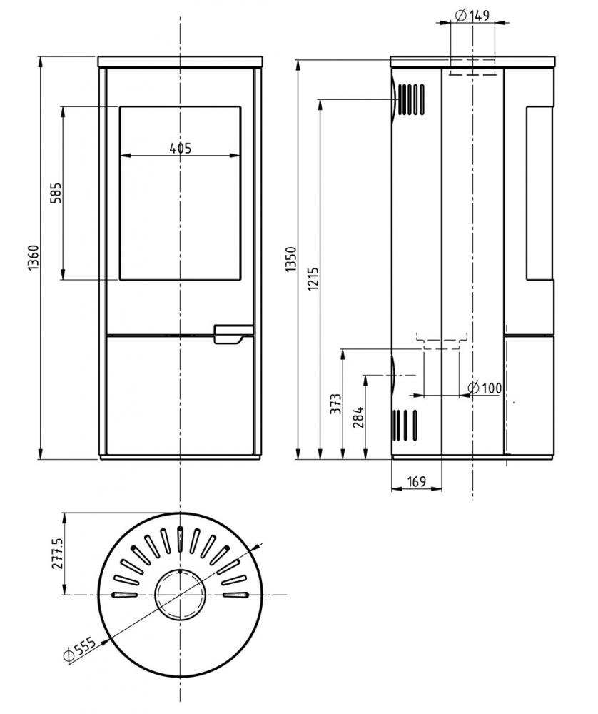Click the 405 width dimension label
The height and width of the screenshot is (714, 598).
[x=181, y=148]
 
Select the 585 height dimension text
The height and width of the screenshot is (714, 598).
[x=56, y=193]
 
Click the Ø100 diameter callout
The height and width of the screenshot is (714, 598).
[x=485, y=388]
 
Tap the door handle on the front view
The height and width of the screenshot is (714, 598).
[x=233, y=333]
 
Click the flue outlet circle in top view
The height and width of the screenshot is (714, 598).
[x=181, y=595]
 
